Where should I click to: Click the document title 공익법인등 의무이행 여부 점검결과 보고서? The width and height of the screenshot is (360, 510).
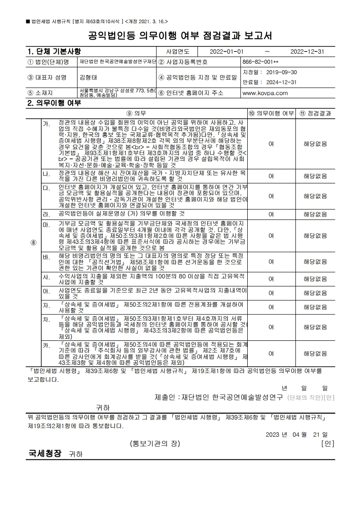click(x=180, y=35)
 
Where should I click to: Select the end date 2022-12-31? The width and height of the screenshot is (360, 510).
click(x=307, y=51)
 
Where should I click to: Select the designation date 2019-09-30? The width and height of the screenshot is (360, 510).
click(x=270, y=72)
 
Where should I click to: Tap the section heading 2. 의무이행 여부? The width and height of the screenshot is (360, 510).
click(x=54, y=103)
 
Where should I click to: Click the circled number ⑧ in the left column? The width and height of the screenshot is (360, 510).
click(x=33, y=242)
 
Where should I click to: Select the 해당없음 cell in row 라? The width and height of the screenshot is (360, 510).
click(x=315, y=214)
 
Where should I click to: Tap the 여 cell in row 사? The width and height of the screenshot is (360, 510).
click(x=271, y=279)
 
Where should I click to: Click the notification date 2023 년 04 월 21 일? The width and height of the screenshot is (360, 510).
click(x=300, y=434)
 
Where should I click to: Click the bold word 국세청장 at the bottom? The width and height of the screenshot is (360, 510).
click(x=45, y=454)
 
